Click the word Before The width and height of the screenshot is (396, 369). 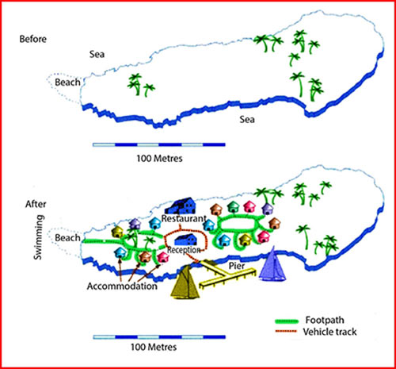click(33, 39)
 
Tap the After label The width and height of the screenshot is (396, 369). click(36, 204)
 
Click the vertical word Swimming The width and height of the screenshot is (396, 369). click(39, 237)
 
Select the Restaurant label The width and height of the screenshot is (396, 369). click(184, 218)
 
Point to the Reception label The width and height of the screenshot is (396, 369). click(184, 250)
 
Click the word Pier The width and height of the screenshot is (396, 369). click(237, 266)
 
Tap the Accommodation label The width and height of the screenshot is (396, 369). click(122, 286)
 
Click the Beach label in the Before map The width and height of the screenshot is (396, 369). click(67, 83)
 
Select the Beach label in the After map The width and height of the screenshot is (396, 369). click(67, 238)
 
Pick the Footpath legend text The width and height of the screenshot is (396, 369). click(325, 320)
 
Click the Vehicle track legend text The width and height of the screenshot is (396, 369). click(329, 332)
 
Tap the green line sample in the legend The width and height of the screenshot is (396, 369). click(287, 321)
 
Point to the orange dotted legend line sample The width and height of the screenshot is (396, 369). click(286, 331)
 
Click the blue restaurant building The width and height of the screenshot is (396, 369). click(181, 206)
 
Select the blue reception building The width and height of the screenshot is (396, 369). click(186, 240)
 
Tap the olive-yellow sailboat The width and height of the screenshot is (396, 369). click(185, 282)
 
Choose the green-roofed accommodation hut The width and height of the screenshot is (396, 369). click(233, 207)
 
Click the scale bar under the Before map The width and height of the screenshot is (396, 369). click(159, 144)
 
